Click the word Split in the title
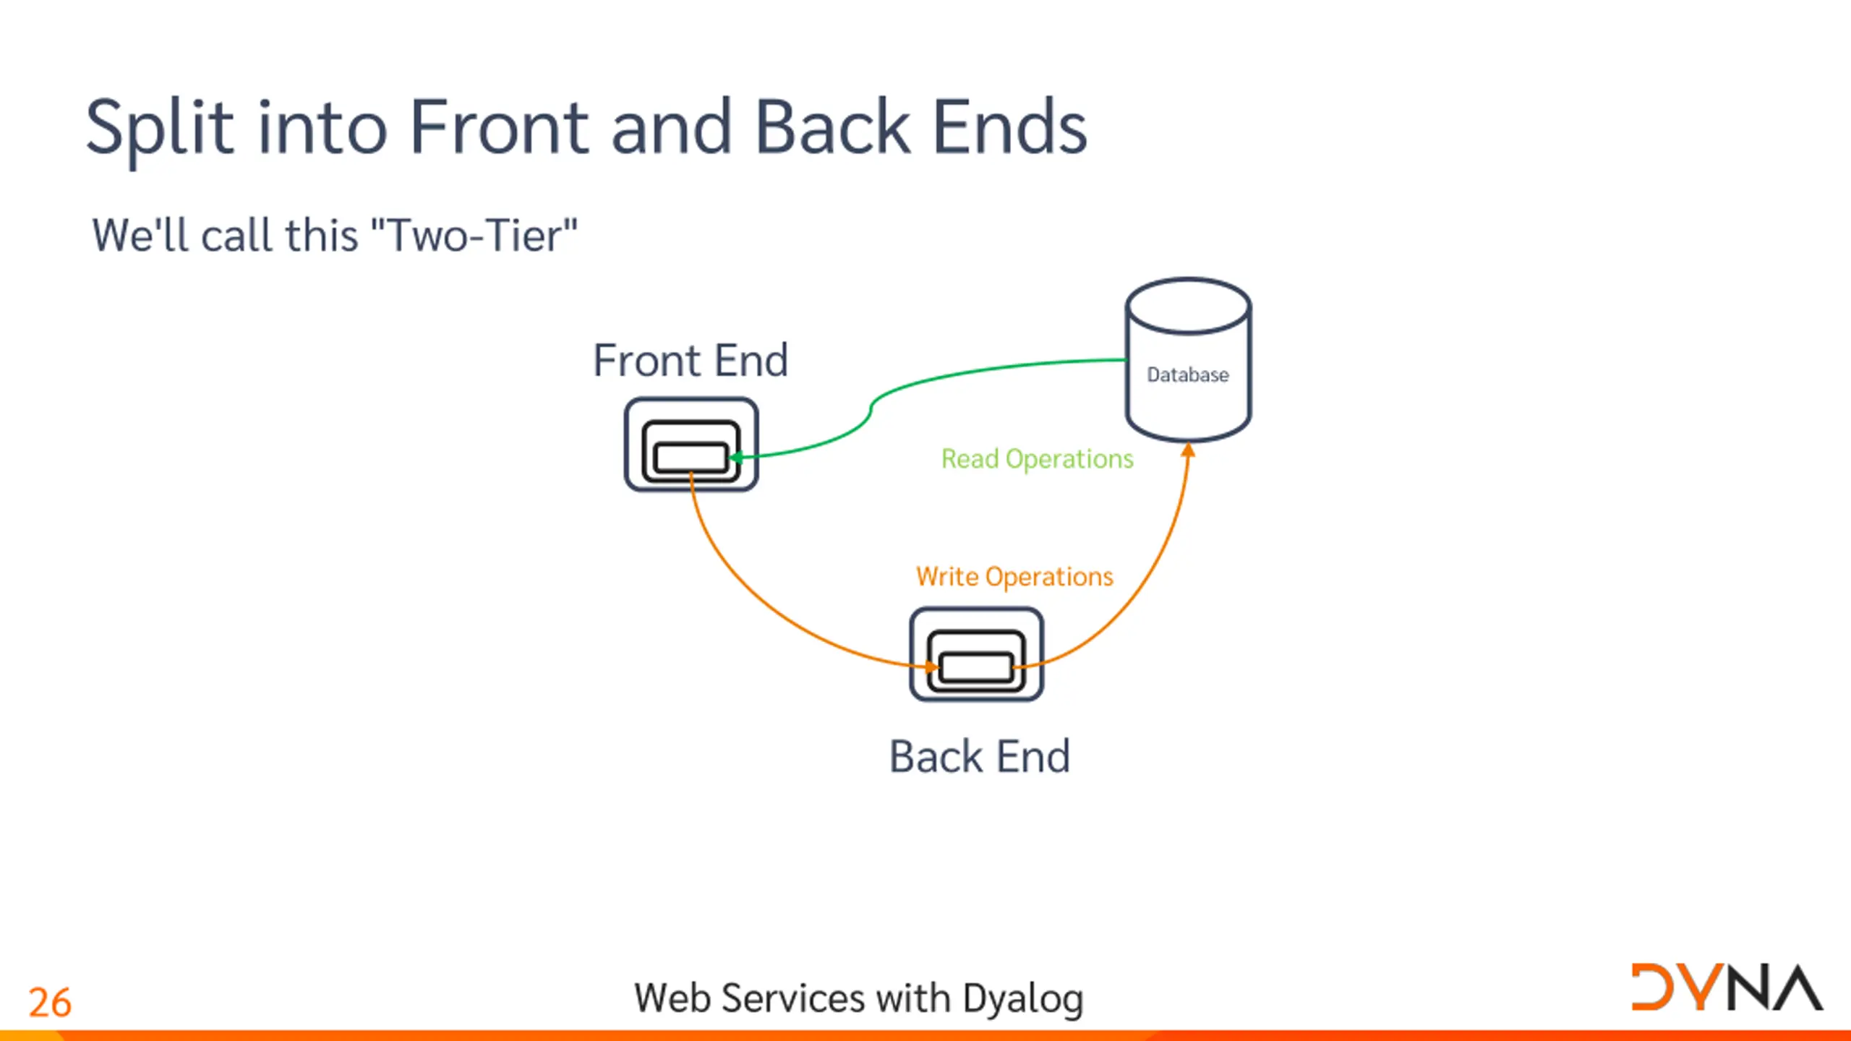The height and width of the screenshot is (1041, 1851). (x=160, y=129)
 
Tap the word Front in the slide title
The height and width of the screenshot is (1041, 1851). (x=500, y=127)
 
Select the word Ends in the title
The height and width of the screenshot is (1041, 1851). (x=1010, y=127)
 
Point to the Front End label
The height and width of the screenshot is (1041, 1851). (x=691, y=360)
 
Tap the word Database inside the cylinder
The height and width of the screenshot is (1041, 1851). (x=1188, y=374)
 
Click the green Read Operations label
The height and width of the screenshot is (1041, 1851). (x=1037, y=459)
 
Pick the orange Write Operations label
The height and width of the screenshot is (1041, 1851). (x=1014, y=577)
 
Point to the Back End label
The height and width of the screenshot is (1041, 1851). (x=980, y=757)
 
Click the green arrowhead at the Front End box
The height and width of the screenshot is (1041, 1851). (x=735, y=458)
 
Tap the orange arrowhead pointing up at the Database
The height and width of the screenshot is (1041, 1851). (x=1188, y=450)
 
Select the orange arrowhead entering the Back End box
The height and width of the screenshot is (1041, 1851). (x=931, y=667)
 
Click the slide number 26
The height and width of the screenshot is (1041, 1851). (x=50, y=1003)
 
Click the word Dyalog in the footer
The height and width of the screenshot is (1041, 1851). (x=1023, y=1000)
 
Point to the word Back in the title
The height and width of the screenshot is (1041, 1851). (x=832, y=127)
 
